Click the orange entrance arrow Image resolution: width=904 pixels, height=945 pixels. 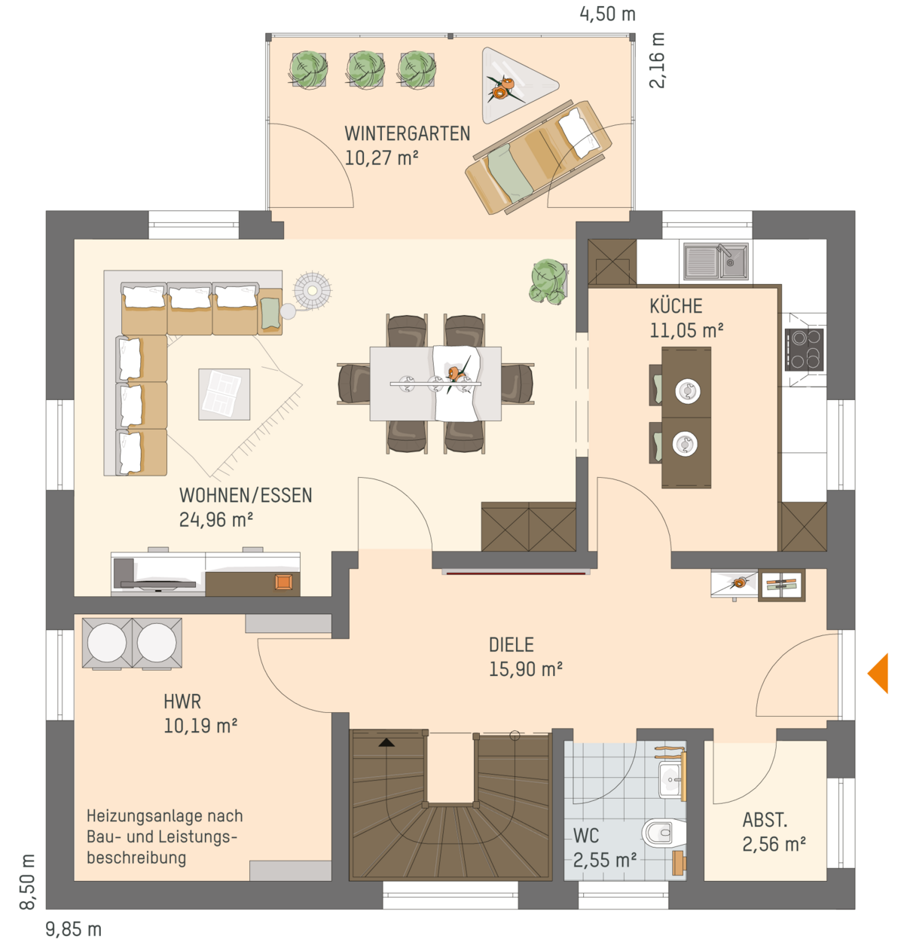(x=878, y=672)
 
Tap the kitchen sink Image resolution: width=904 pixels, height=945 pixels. (x=716, y=261)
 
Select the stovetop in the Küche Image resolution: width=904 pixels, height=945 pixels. (x=804, y=350)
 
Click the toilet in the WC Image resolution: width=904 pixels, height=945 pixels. (x=663, y=833)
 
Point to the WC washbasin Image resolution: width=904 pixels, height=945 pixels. (x=670, y=780)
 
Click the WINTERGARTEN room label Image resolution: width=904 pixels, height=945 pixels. (x=408, y=133)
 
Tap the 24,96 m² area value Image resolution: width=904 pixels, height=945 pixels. (x=216, y=520)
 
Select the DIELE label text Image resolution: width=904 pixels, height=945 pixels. (x=512, y=644)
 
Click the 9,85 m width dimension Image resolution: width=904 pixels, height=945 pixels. (x=74, y=929)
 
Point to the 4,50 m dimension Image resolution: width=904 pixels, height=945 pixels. (x=607, y=14)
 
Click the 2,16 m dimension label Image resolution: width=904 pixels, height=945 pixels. (x=656, y=60)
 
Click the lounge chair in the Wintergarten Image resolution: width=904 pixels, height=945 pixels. (x=539, y=157)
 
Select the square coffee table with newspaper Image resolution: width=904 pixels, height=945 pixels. (x=224, y=394)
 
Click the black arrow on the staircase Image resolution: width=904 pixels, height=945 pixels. (x=386, y=742)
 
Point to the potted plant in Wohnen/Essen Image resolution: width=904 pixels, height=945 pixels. (x=548, y=282)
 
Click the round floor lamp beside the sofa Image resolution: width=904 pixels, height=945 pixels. (x=313, y=290)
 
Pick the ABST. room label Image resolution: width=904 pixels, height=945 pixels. (x=765, y=820)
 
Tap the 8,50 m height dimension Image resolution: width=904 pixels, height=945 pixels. (x=27, y=882)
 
